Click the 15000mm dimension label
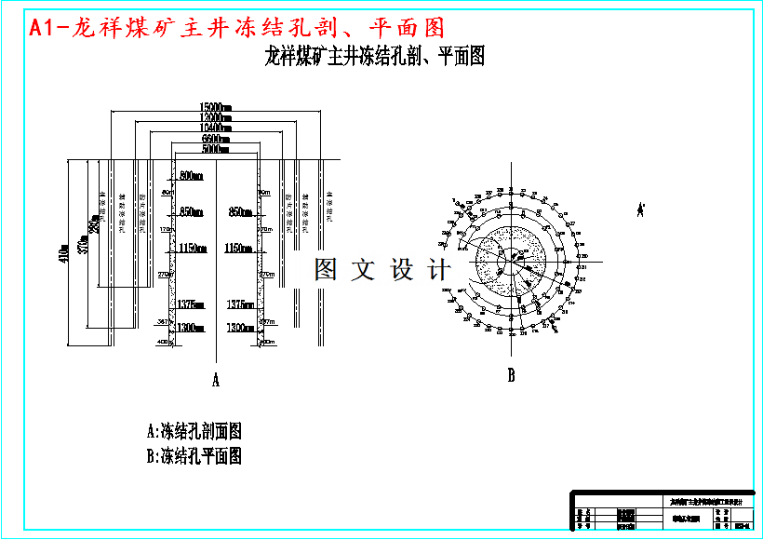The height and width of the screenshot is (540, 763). click(x=215, y=106)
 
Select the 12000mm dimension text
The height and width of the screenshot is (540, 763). click(x=215, y=117)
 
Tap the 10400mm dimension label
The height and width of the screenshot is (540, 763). click(x=215, y=128)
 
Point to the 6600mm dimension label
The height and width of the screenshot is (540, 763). click(x=215, y=139)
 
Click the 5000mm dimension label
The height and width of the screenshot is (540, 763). click(x=215, y=149)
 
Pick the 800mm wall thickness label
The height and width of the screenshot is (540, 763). click(x=191, y=176)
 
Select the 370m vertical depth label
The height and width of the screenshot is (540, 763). click(x=83, y=244)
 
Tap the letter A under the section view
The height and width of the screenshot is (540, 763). click(x=216, y=380)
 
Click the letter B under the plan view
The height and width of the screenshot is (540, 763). click(x=511, y=376)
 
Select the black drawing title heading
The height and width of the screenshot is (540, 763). click(x=374, y=57)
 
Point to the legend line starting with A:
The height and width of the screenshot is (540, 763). click(x=194, y=432)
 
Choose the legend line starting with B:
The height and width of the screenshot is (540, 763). click(x=194, y=456)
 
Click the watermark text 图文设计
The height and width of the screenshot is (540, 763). click(x=382, y=271)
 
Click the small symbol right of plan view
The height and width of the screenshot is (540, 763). click(x=640, y=210)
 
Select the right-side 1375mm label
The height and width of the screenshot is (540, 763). click(x=240, y=304)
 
